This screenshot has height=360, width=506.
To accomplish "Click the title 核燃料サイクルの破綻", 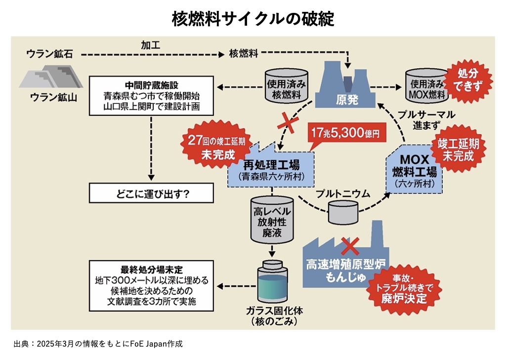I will (253, 18).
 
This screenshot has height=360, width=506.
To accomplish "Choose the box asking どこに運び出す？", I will (151, 193).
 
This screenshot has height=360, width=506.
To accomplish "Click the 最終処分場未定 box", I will (151, 285).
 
